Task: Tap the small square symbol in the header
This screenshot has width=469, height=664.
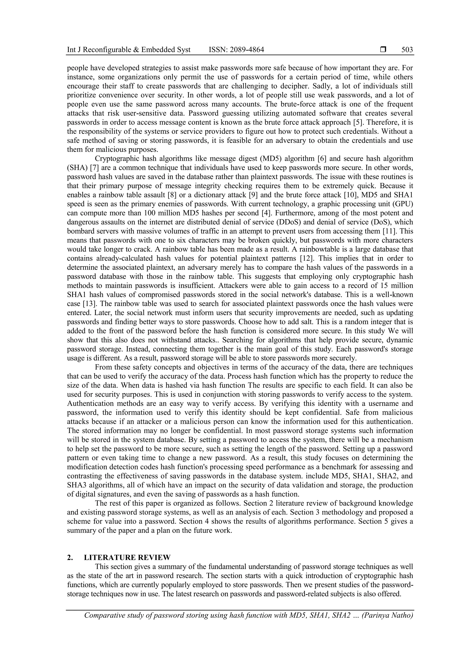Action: click(383, 50)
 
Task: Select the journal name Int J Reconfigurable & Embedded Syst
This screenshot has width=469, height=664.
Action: click(129, 50)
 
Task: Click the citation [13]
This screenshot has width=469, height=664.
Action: click(89, 304)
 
